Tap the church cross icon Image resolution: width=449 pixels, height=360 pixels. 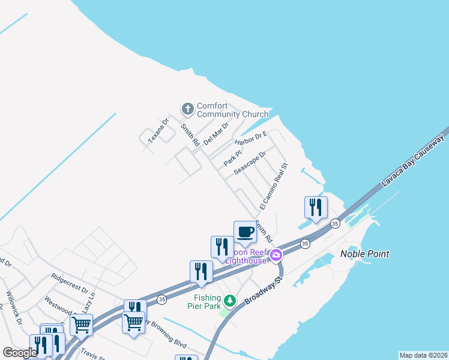click(187, 109)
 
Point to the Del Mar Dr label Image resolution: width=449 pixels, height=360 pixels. click(216, 133)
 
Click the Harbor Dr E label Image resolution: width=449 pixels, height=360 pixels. click(250, 139)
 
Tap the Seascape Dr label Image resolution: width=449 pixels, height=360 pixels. click(250, 163)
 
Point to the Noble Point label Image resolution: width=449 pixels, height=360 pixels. click(364, 254)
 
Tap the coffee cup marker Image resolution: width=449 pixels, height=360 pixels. click(244, 232)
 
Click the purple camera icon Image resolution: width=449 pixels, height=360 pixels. click(276, 256)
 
